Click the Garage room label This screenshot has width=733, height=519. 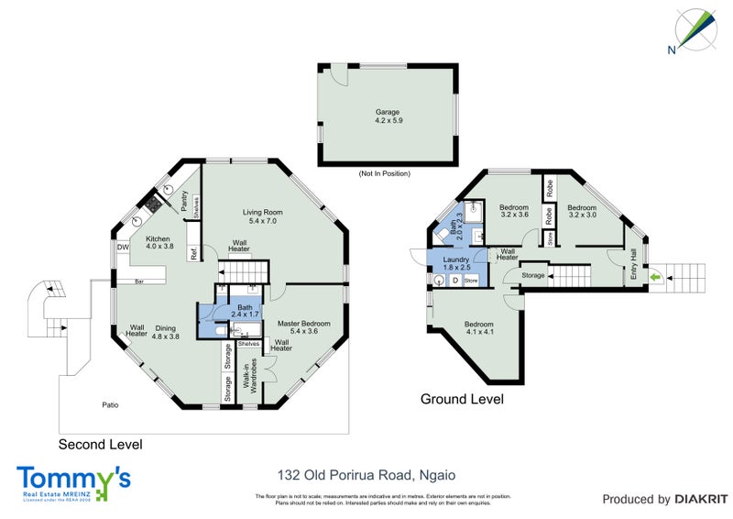387,116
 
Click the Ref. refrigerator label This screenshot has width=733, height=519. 193,255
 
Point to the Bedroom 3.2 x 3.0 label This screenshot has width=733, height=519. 583,211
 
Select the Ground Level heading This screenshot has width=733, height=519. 462,400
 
